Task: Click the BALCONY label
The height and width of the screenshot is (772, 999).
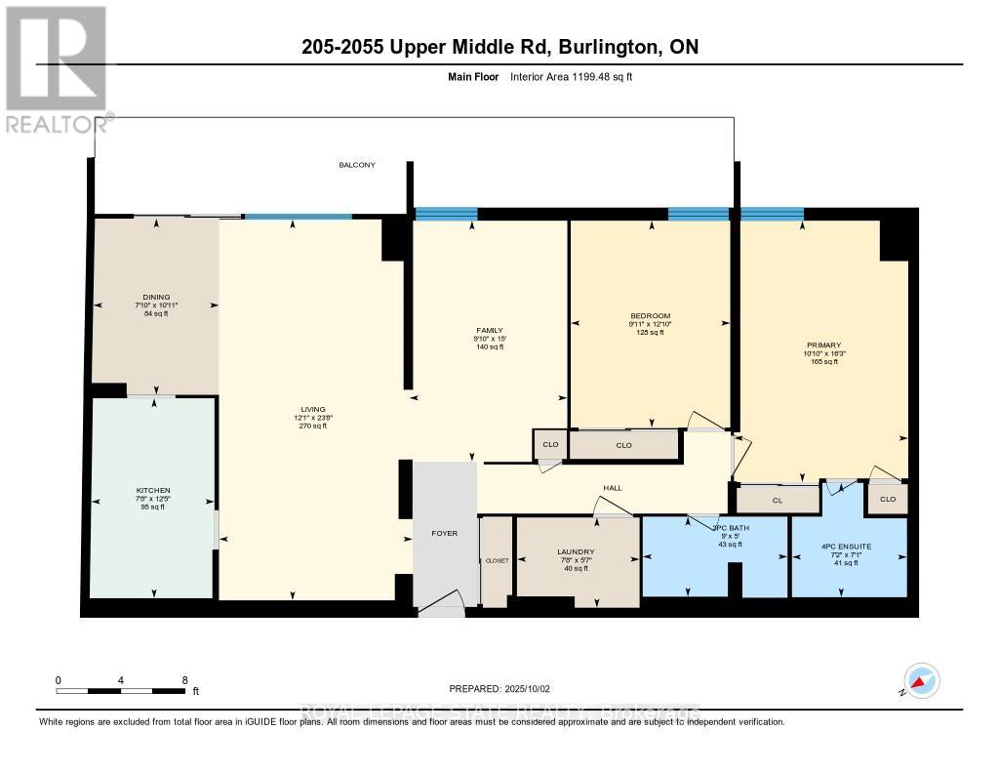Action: click(x=357, y=165)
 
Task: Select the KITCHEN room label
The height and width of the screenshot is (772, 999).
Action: click(x=153, y=490)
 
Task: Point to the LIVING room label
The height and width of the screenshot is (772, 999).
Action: click(x=313, y=409)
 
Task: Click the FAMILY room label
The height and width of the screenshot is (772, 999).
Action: click(x=489, y=331)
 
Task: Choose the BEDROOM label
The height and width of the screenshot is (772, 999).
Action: click(x=650, y=315)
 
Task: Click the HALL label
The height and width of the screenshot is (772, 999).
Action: click(x=612, y=488)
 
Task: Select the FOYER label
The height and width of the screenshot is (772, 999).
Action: click(x=444, y=534)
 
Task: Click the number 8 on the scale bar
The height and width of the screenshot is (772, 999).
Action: click(x=184, y=679)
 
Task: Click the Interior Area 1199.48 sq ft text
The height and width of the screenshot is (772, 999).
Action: click(x=572, y=76)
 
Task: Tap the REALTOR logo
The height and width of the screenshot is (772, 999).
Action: click(x=56, y=69)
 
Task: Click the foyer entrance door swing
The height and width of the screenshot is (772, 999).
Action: click(x=442, y=605)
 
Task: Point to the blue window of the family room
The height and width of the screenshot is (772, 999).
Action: click(x=446, y=215)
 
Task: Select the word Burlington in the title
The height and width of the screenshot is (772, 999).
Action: click(x=611, y=47)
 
